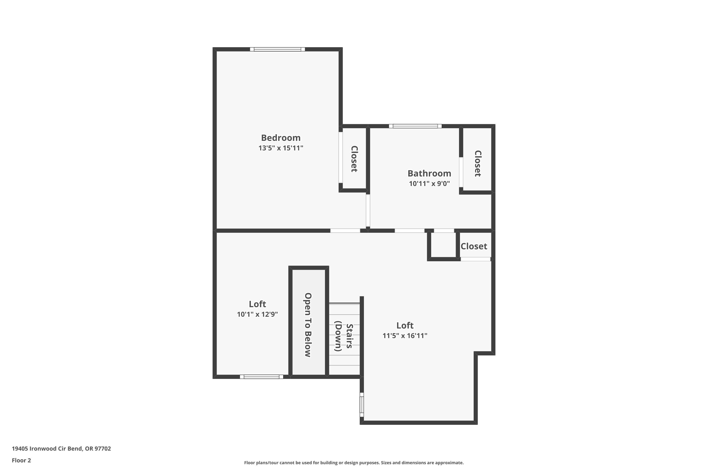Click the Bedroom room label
point(281,138)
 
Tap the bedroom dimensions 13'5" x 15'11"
point(281,148)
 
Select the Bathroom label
point(429,173)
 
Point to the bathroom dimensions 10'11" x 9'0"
point(429,184)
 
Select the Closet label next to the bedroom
point(354,159)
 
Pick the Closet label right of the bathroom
point(477,164)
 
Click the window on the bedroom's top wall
point(277,49)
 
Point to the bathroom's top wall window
point(415,126)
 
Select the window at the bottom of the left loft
point(261,377)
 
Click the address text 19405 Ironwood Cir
point(61,449)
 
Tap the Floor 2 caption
point(21,460)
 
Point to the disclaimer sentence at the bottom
point(354,463)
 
